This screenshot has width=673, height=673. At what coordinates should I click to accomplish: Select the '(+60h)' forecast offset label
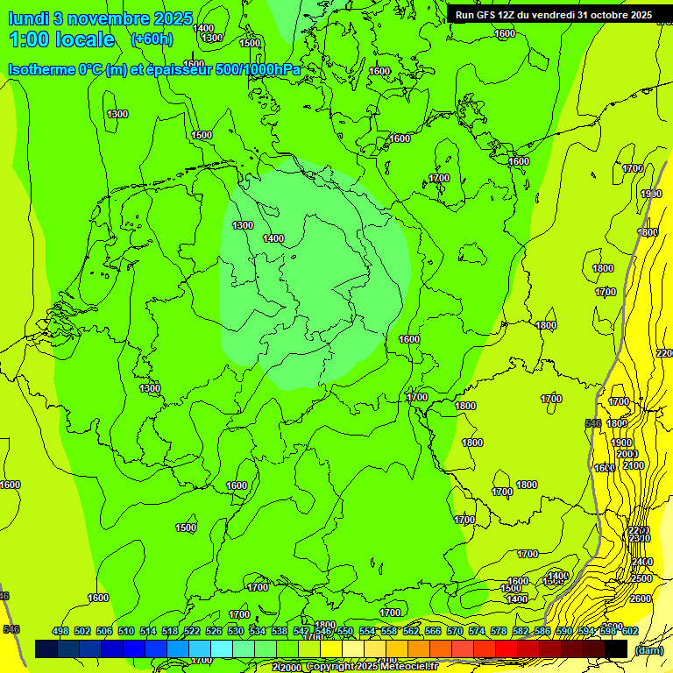[152, 39]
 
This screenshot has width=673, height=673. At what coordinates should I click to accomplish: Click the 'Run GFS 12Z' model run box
[553, 15]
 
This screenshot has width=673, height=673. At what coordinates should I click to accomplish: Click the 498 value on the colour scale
[60, 632]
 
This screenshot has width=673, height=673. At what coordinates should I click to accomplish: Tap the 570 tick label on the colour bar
[455, 632]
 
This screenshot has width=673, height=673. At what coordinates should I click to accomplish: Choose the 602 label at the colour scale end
[630, 632]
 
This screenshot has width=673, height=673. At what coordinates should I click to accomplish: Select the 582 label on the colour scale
[521, 632]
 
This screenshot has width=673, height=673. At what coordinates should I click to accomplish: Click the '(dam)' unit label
[648, 649]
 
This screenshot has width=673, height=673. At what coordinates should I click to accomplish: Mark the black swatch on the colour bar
[616, 648]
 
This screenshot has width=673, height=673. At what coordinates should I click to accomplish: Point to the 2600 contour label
[641, 599]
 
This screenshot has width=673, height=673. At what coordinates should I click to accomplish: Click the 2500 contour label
[641, 578]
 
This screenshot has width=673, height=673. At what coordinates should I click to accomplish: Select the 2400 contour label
[641, 562]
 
